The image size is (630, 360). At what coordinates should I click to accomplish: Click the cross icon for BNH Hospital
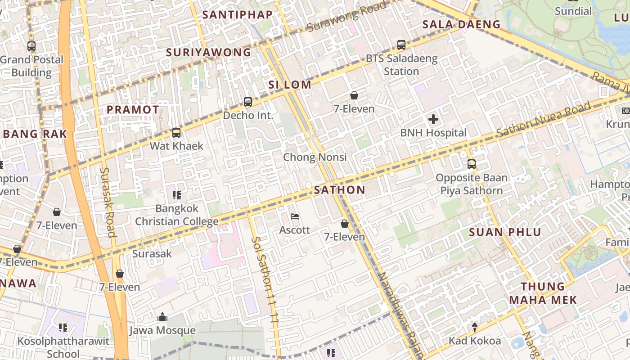tap(433, 119)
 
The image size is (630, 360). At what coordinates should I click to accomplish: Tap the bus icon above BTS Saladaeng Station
tap(401, 45)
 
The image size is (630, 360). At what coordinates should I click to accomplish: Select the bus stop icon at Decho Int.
tap(248, 102)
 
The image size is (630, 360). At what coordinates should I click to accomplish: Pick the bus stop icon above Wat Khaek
tap(176, 133)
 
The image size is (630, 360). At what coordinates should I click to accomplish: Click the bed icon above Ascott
tap(295, 217)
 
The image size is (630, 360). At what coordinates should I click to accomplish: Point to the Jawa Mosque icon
tap(162, 317)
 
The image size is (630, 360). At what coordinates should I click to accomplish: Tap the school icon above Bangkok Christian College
tap(177, 195)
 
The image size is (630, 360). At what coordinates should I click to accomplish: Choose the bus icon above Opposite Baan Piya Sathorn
tap(472, 164)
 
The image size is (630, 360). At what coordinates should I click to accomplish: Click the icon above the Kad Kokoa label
tap(474, 327)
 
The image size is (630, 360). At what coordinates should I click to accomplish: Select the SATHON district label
tap(340, 190)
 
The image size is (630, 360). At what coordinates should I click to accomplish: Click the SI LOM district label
tap(290, 85)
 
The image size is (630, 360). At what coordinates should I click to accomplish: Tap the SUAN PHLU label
tap(505, 233)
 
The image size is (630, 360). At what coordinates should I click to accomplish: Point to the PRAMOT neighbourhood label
tap(133, 109)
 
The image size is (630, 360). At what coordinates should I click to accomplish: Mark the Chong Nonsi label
tap(315, 157)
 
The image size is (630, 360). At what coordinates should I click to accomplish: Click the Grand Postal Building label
tap(31, 66)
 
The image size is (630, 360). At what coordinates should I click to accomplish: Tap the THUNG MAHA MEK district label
tap(543, 293)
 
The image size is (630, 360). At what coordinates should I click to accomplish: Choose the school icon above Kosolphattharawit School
tap(63, 328)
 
